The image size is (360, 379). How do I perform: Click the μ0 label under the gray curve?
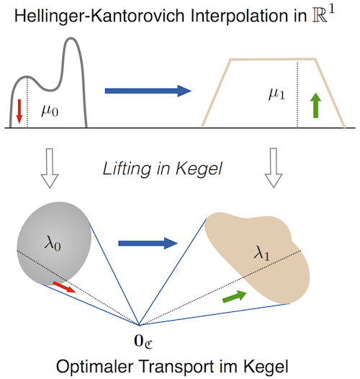pos(50,112)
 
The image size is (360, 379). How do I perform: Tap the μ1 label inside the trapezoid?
pos(277,94)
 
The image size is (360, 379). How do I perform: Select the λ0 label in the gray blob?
pos(53,244)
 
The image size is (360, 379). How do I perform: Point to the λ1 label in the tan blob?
pos(262,253)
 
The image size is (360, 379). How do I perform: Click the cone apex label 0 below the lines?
pos(143,341)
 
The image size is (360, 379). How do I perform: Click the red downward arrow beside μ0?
pos(19,111)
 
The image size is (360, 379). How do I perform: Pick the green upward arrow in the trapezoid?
pos(315,105)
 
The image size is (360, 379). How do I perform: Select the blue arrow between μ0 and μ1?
pos(148,91)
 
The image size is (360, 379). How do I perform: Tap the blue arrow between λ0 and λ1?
pos(148,243)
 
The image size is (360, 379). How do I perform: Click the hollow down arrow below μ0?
pos(50,168)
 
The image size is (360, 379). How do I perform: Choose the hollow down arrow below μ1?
pos(274,168)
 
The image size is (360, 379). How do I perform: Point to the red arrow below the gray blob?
pos(64,287)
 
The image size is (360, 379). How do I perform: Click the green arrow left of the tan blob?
pos(235,297)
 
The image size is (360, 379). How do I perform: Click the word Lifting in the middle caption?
pos(127,169)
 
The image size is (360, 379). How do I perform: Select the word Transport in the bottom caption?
pos(177,367)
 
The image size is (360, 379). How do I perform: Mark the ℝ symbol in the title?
pos(319,16)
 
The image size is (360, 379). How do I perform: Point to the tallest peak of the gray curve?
pos(71,38)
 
